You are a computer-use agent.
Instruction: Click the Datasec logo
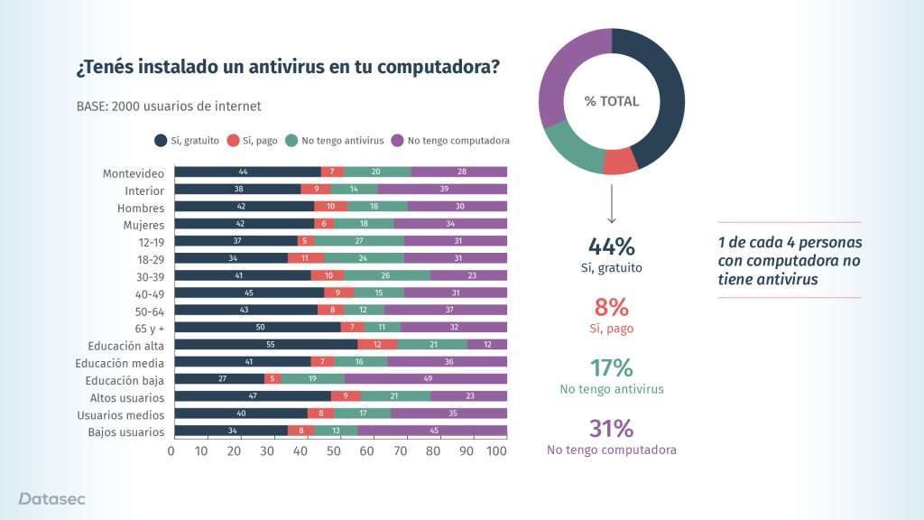[x=52, y=498]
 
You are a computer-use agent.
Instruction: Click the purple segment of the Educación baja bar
[x=426, y=379]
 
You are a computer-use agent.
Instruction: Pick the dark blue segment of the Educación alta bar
[x=265, y=345]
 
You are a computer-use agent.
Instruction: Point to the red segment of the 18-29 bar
[x=305, y=259]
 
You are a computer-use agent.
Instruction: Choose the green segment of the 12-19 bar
[x=359, y=242]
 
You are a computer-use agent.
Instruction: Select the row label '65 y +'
[x=145, y=328]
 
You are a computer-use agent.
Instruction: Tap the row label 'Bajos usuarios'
[x=127, y=432]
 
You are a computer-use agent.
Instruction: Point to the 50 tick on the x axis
[x=334, y=450]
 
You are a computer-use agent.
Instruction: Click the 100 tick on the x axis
[x=496, y=450]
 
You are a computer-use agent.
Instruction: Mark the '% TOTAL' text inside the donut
[x=611, y=101]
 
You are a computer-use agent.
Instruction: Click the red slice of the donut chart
[x=620, y=161]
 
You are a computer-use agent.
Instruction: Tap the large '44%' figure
[x=611, y=246]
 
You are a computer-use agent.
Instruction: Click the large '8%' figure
[x=611, y=307]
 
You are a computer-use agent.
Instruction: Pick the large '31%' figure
[x=611, y=428]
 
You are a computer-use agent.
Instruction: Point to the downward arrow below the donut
[x=611, y=204]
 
